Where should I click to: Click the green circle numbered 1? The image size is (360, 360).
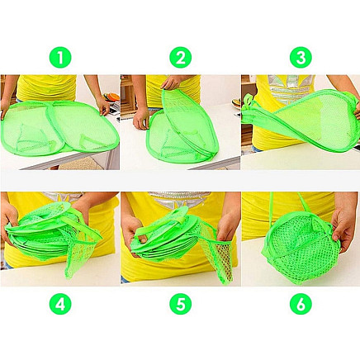coord(59,57)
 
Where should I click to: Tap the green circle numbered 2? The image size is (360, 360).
coord(180,57)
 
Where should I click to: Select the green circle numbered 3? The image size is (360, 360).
coord(300,57)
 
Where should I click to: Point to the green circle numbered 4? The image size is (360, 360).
coord(59,304)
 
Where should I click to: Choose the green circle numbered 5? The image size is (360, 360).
coord(180,304)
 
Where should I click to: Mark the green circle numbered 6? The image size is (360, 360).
coord(300,304)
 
